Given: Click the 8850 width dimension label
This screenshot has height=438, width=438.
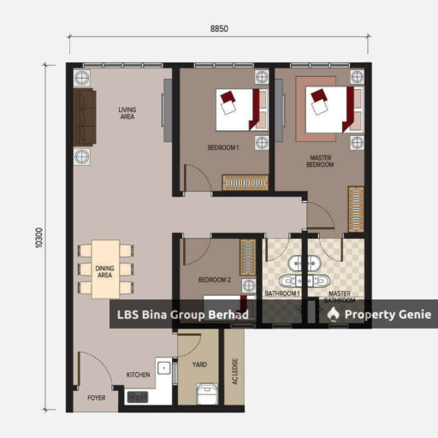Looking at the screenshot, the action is pos(219,29).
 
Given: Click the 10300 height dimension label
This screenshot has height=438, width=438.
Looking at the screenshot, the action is pos(39,238).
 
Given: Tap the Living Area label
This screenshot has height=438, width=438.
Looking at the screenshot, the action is pos(127,113).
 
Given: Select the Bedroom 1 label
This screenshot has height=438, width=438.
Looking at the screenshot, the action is pos(223,148).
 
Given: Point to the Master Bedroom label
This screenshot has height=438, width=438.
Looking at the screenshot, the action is pos(320,161).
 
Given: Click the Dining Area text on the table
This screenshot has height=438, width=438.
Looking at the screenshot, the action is pos(104,272).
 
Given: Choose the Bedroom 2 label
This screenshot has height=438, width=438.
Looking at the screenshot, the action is pos(215,280).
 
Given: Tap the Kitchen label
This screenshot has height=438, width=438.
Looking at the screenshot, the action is pos(138,375).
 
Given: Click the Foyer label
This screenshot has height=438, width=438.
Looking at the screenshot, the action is pos(96,398).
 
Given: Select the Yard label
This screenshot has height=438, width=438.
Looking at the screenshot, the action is pos(199,364).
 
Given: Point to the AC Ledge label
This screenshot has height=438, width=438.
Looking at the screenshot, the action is pos(235,371).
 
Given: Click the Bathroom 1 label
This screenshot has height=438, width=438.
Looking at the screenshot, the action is pos(282,293).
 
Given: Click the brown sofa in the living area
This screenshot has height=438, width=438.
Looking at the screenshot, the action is pos(85,117).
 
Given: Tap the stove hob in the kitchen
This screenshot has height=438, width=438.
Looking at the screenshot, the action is pos(138,397).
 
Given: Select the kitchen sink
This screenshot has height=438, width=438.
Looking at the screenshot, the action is pos(164,368).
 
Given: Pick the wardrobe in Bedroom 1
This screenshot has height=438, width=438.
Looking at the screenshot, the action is pos(246,183).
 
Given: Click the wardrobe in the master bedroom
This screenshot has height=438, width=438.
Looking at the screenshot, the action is pos(356,210).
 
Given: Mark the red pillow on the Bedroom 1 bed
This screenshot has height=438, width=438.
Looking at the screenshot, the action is pos(228,97).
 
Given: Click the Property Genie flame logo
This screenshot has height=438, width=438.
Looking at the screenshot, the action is pos(333,314).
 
